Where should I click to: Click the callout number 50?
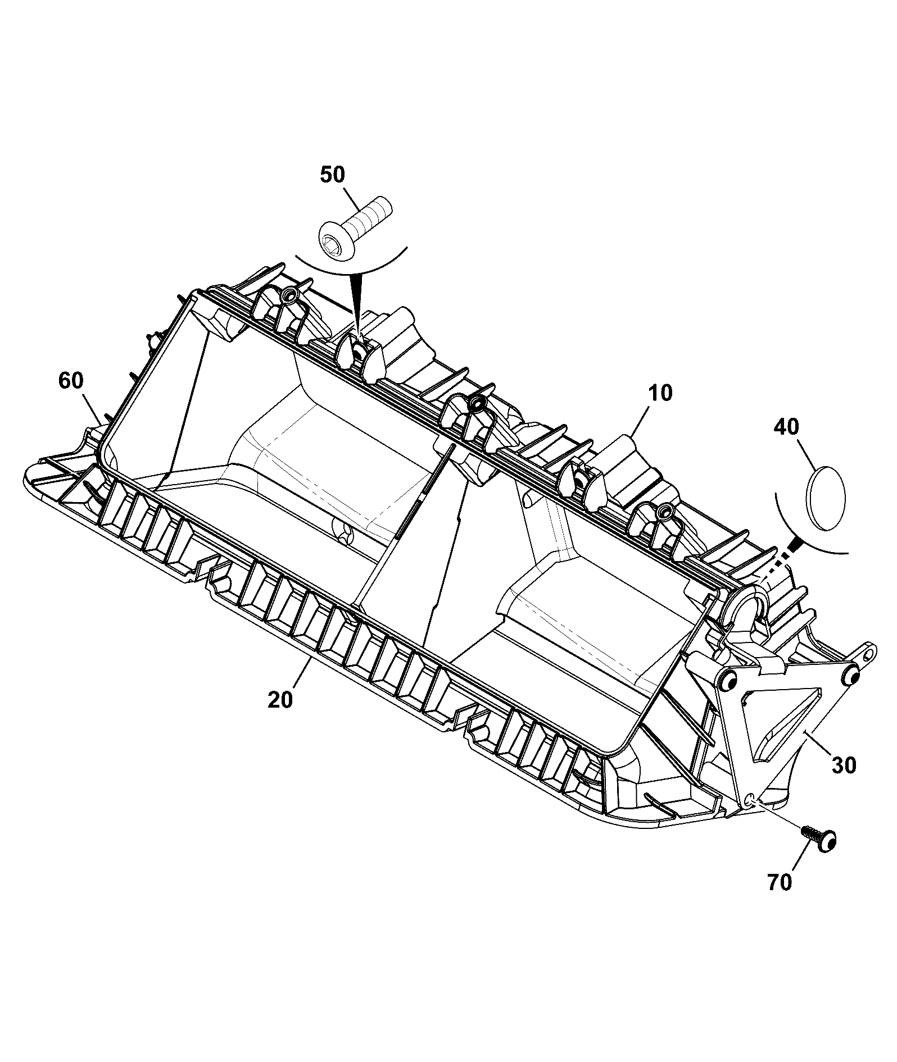[332, 175]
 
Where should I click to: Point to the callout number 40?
[786, 427]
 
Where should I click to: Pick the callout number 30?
[844, 765]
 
